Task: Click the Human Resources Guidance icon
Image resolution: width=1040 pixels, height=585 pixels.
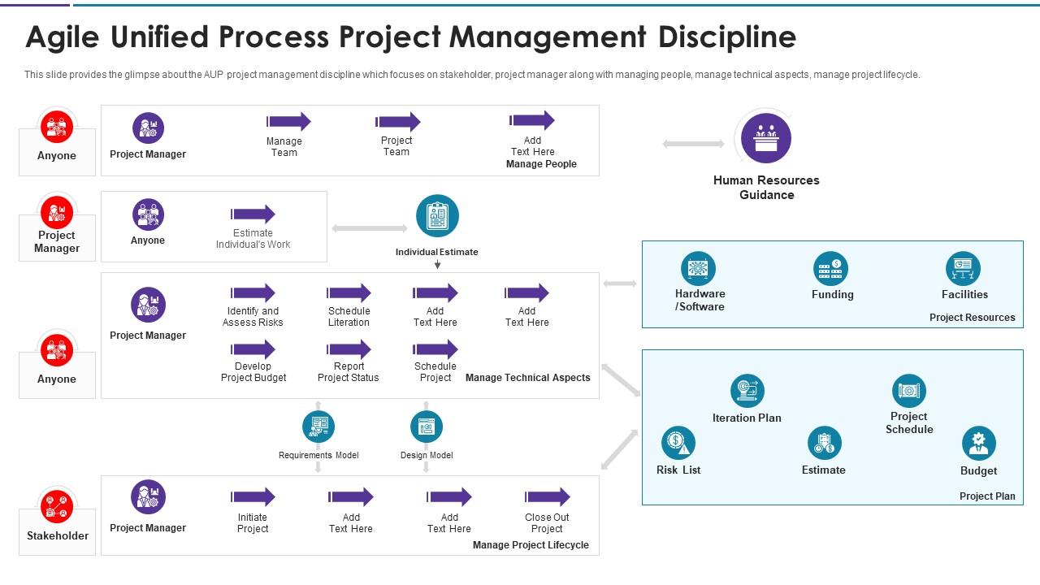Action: point(765,138)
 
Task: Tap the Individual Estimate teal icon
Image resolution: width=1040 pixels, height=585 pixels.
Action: point(437,217)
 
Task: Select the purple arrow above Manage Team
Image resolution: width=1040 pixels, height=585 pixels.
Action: point(288,122)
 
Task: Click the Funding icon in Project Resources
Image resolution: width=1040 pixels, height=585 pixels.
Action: point(830,269)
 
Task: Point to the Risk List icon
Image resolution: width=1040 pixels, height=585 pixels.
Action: point(678,443)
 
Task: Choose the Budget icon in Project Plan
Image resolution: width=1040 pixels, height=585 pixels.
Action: point(978,444)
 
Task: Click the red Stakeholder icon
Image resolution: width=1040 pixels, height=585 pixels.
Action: point(57,508)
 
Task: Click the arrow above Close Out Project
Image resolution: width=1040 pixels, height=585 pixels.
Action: point(548,497)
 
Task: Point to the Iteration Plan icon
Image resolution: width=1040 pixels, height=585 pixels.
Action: point(747,391)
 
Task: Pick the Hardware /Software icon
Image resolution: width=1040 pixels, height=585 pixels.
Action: point(698,269)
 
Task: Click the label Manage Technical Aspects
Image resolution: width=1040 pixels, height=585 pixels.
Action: point(528,378)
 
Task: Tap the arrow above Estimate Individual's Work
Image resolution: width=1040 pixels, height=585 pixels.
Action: point(253,214)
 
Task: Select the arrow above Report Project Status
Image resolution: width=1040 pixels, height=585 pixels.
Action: point(349,349)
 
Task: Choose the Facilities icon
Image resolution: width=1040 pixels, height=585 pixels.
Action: point(963,269)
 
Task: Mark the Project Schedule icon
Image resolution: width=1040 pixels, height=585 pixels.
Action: point(908,392)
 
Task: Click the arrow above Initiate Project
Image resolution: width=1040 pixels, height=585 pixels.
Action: point(253,497)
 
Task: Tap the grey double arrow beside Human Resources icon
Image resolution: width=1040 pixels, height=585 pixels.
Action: point(693,144)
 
